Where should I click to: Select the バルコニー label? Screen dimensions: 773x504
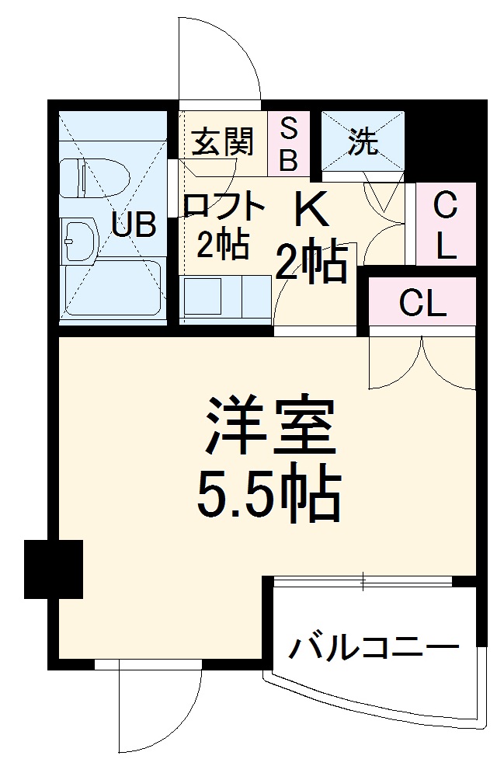coord(373,646)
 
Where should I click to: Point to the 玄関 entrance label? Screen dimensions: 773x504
coord(222,142)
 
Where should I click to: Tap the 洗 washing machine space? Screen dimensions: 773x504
coord(363,141)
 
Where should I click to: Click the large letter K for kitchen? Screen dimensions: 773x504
coord(311,208)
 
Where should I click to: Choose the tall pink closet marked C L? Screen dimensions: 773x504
coord(445,225)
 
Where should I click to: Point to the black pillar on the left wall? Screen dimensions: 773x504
coord(54,569)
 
